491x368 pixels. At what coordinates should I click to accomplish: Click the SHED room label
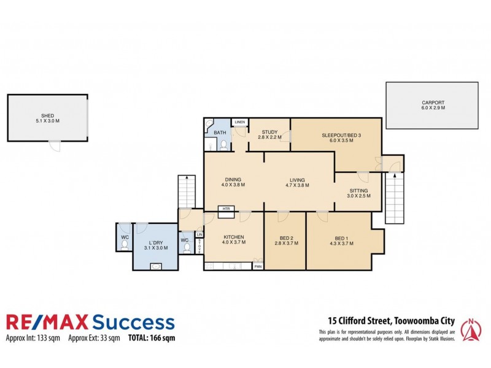47,114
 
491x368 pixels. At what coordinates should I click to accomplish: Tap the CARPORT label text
433,102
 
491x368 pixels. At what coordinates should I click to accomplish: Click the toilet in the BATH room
224,145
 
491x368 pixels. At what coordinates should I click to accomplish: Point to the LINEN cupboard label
239,122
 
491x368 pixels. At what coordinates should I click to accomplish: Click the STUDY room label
270,131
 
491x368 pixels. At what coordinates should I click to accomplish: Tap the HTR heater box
226,208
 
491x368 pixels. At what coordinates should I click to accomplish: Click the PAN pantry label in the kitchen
258,266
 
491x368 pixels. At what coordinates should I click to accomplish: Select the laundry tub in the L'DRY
156,267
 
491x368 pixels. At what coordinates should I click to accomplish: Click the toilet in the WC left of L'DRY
125,245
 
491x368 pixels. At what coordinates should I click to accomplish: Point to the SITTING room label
358,191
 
